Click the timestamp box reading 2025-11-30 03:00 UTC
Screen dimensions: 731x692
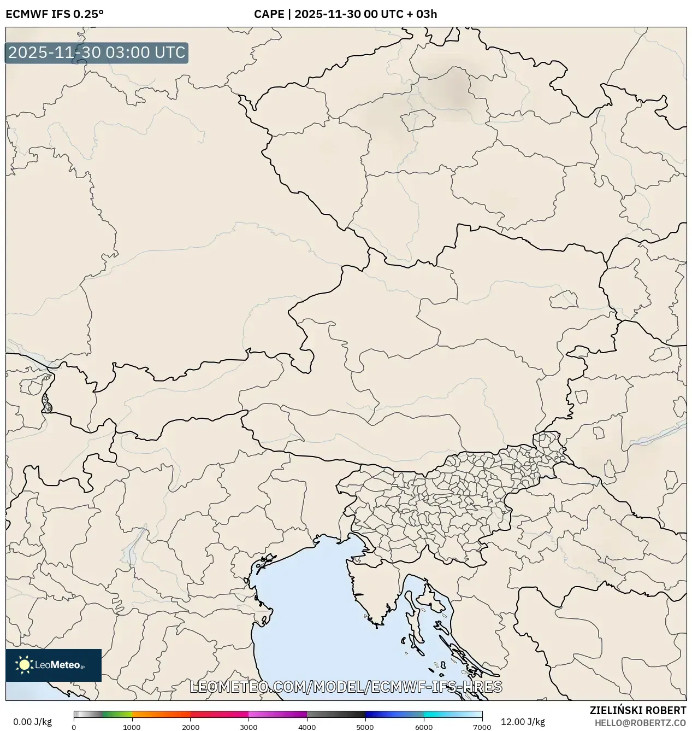97,53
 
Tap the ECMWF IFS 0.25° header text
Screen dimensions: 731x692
55,14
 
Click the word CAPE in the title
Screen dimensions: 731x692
269,14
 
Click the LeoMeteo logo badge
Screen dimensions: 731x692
54,665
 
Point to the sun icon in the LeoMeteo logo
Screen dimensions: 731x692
24,665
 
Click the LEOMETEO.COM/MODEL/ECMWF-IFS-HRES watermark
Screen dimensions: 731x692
346,687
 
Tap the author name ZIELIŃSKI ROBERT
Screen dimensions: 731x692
637,710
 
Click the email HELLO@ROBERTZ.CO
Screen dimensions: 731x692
640,723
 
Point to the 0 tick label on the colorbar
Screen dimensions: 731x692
74,727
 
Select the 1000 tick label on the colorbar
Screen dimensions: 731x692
132,727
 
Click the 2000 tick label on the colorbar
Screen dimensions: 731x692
190,727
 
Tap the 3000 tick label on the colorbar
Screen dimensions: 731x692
249,727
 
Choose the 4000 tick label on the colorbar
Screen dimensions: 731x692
307,727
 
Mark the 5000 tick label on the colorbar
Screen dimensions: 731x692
365,727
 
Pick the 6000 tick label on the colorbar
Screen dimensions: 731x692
423,727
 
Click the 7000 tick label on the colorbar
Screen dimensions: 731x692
482,727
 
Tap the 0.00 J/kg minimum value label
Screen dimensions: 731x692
32,722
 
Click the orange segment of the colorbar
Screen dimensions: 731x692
161,714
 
